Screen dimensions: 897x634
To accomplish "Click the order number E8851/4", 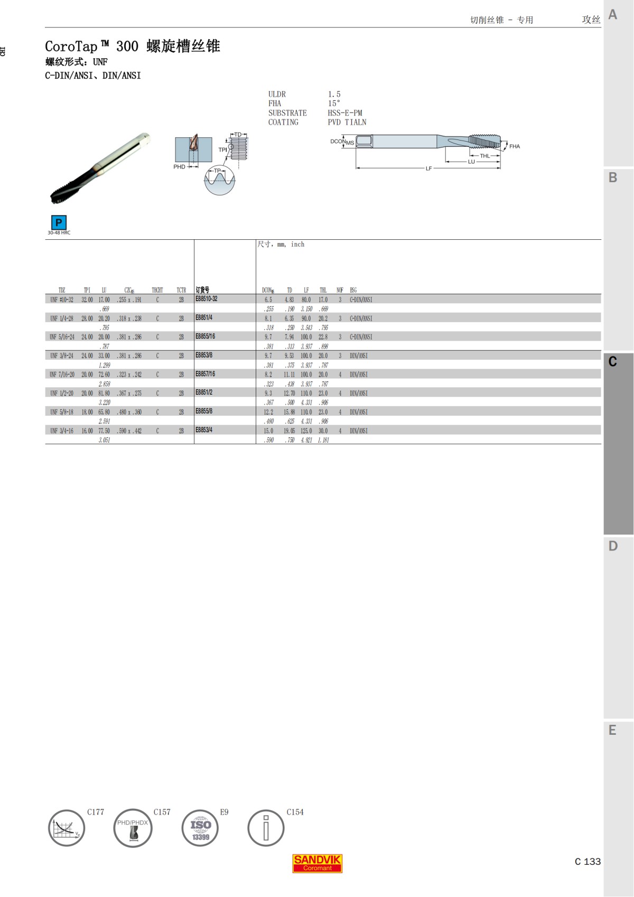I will (x=204, y=318).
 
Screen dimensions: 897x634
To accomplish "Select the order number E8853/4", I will (x=204, y=430).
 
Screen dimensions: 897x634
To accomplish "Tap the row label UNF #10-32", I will (x=62, y=300).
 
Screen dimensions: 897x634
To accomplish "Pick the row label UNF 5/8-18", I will (x=62, y=412).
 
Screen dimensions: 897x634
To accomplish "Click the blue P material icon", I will (x=59, y=222).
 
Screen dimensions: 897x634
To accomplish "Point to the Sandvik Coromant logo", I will (x=318, y=863).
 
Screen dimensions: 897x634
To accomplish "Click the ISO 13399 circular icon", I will (x=200, y=828).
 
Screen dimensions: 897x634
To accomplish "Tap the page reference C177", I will (x=96, y=812).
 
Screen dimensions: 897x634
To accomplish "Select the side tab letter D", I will (x=613, y=546).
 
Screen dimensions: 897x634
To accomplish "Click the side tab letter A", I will (x=613, y=14).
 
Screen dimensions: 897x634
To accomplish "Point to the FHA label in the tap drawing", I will (x=515, y=146).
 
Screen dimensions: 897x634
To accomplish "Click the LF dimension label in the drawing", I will (x=428, y=169).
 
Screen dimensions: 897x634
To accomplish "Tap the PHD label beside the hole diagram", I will (x=179, y=167).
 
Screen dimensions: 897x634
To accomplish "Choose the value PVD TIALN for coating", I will (x=347, y=123).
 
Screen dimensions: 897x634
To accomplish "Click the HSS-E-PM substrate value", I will (x=344, y=113).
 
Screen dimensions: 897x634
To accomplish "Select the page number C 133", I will (x=588, y=862).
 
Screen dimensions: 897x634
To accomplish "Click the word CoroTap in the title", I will (x=71, y=46).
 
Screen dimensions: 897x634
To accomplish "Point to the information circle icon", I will (x=266, y=828).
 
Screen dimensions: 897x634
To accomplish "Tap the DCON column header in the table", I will (x=268, y=290).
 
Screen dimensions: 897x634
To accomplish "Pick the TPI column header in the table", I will (x=87, y=290).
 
